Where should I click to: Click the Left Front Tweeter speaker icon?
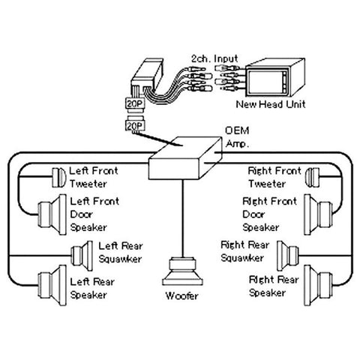click(x=57, y=177)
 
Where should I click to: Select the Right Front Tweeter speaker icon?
click(x=314, y=177)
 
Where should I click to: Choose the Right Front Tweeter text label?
click(x=274, y=177)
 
